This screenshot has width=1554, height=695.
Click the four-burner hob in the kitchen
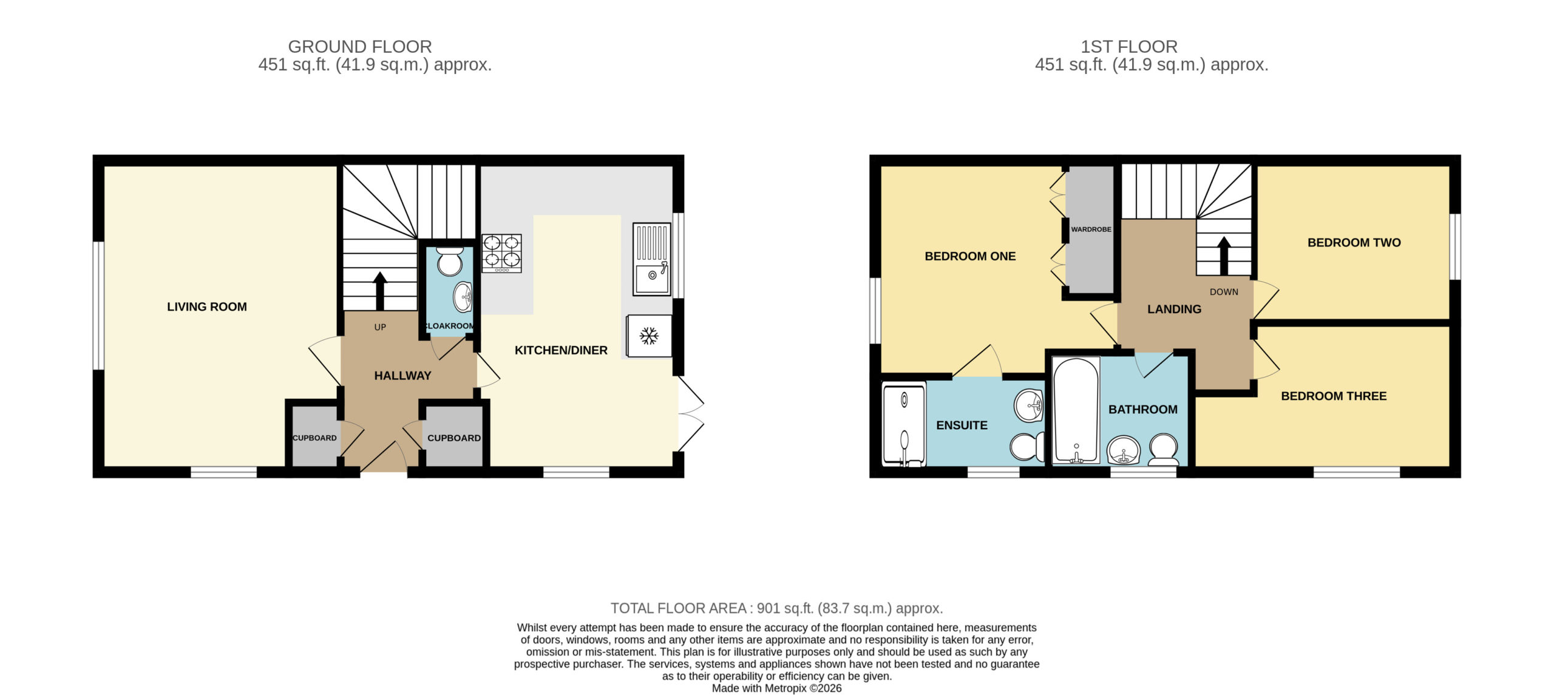coord(501,253)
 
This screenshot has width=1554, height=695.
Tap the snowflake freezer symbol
coord(649,336)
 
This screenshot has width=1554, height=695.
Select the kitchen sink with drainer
coord(652,259)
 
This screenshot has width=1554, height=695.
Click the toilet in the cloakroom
coord(450,261)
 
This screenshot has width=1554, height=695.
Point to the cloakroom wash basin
coord(463,297)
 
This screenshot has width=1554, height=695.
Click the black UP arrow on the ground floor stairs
coord(380,291)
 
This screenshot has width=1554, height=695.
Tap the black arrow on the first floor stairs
coord(1224,256)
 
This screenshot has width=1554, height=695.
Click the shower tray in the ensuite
coord(904,424)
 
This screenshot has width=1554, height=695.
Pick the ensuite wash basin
coord(1028,405)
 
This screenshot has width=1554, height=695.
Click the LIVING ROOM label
coord(207,307)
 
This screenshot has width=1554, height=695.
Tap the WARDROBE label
coord(1091,229)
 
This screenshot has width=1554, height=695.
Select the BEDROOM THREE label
coord(1334,396)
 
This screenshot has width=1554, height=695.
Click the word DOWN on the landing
coord(1224,292)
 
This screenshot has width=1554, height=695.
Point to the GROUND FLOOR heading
coord(360,47)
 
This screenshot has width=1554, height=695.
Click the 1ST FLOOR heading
coord(1129,47)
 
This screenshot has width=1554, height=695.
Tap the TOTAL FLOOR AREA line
coord(776,608)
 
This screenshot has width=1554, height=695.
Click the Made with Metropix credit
coord(776,688)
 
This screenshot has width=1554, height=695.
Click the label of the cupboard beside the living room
coord(314,438)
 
